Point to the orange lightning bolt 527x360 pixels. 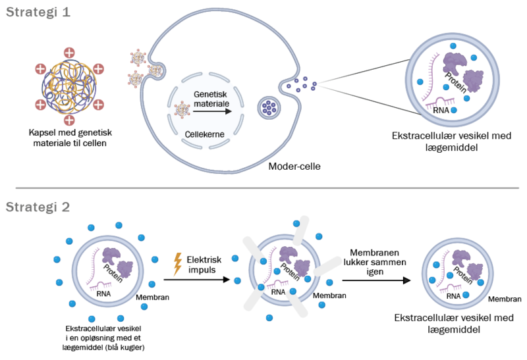coord(177,263)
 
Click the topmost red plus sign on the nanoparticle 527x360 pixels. coord(69,52)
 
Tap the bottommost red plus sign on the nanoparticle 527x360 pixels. coord(69,120)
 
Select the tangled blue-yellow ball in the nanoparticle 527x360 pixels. coord(69,86)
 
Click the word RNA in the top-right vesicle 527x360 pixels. coord(442,111)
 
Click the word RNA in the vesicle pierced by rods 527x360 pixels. coord(279,292)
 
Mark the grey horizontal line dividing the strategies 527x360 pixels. coord(263,188)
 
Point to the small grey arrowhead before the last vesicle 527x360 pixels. coord(406,281)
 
